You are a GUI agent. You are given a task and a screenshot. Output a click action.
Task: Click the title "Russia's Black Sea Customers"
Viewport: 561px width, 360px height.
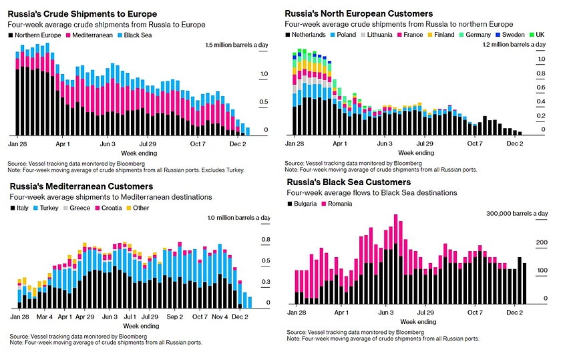point(357,182)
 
